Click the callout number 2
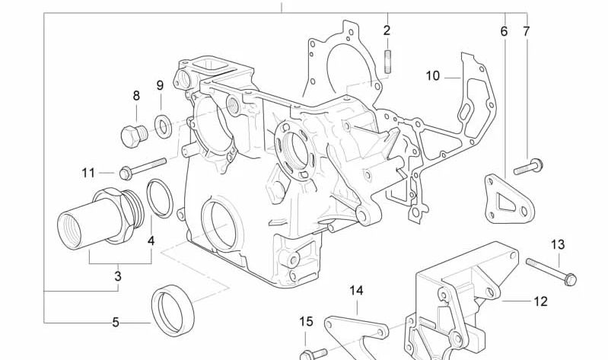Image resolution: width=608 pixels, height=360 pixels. click(x=387, y=30)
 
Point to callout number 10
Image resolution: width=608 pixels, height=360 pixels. click(x=433, y=75)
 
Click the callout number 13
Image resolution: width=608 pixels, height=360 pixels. click(x=558, y=244)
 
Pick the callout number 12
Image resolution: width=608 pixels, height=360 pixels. click(x=540, y=301)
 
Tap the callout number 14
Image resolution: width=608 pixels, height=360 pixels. click(x=357, y=290)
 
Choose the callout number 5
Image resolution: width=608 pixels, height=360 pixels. click(x=116, y=322)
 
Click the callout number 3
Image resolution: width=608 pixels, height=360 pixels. click(x=118, y=276)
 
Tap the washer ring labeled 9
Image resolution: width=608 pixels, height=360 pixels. click(x=163, y=123)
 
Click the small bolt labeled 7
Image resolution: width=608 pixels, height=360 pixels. click(x=528, y=165)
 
